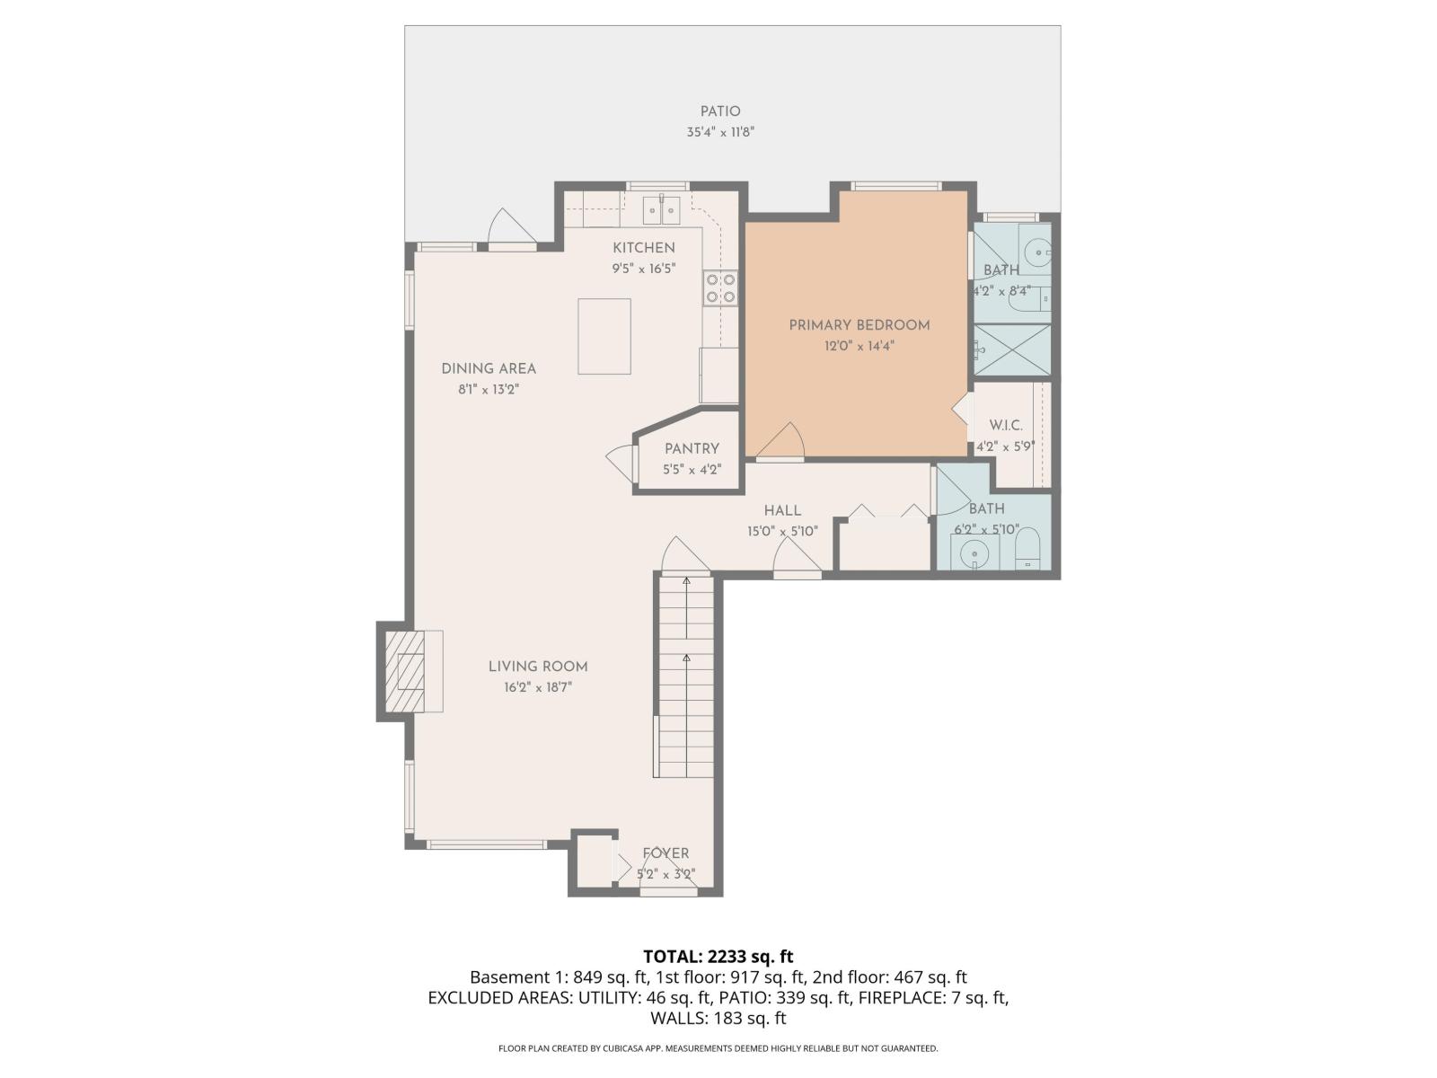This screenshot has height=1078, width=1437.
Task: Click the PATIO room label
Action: click(720, 112)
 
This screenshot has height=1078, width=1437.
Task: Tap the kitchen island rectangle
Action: click(604, 336)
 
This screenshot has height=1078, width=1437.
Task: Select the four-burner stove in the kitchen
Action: click(720, 287)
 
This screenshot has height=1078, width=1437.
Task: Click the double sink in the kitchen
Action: click(661, 210)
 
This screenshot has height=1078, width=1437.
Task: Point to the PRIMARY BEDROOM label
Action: click(859, 325)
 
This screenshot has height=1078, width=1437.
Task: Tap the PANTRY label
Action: click(692, 449)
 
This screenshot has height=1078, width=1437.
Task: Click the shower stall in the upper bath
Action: click(1012, 349)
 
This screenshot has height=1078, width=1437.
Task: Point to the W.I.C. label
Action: click(1006, 426)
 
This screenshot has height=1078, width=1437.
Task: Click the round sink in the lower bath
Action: click(974, 554)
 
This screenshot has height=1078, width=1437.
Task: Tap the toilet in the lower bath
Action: click(1027, 548)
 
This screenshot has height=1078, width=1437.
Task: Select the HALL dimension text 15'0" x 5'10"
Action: click(782, 531)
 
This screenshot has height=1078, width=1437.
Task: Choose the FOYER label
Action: click(666, 854)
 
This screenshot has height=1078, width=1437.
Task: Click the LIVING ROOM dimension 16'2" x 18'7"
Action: click(538, 688)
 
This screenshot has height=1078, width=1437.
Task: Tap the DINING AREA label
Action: click(489, 368)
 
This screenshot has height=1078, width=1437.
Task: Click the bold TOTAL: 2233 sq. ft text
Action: click(718, 957)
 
